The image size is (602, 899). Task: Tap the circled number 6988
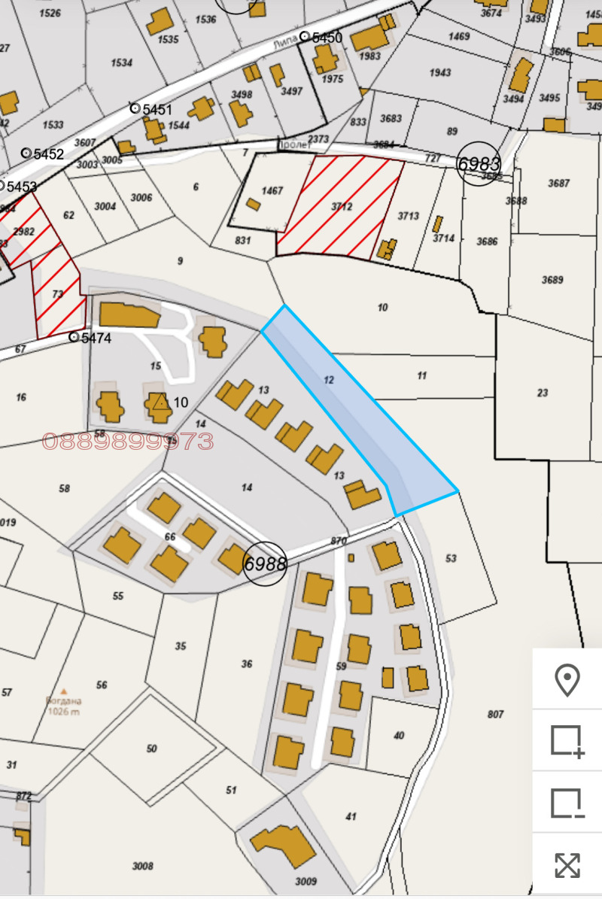click(265, 563)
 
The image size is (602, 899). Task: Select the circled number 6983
click(479, 163)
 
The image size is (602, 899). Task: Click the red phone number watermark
click(128, 442)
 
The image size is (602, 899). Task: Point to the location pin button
click(567, 680)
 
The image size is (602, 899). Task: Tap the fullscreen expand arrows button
click(567, 865)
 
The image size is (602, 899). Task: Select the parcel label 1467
click(272, 191)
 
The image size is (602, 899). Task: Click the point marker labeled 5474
click(74, 337)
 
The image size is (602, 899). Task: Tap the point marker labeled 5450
click(304, 37)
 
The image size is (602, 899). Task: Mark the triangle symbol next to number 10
click(160, 402)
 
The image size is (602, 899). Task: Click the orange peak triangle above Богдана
click(64, 691)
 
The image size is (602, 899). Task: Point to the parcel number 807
click(494, 715)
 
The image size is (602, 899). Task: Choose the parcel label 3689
click(552, 280)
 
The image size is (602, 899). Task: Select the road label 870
click(338, 541)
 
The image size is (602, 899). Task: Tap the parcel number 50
click(152, 749)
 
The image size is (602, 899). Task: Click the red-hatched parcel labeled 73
click(58, 294)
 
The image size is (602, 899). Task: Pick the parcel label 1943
click(440, 73)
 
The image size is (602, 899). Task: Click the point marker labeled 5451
click(135, 108)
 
